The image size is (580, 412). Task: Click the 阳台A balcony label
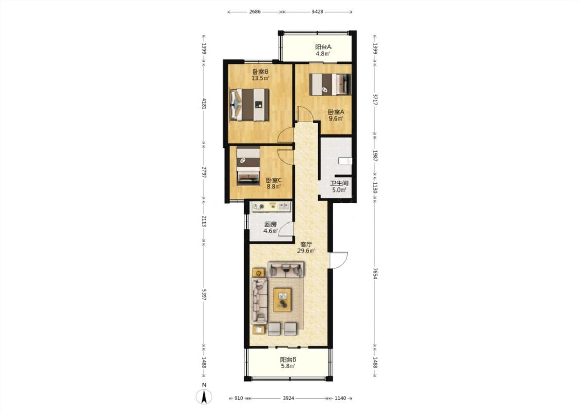pos(323,47)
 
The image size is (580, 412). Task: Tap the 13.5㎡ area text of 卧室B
pos(260,78)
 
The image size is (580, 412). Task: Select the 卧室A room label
pos(336,112)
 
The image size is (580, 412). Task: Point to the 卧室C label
pos(274,180)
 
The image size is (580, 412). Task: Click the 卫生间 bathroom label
pos(339,183)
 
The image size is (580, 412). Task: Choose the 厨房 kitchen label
pos(270,225)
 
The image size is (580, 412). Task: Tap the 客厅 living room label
pos(306,244)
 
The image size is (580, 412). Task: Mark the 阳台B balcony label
pos(288,359)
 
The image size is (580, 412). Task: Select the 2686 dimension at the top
pos(255,12)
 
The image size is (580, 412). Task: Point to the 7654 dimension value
pos(375,273)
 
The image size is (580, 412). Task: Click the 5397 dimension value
pos(204,295)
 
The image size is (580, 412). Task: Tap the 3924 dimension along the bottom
pos(289,398)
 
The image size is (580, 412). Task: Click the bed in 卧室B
pos(249,104)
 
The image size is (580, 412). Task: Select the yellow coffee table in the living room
pos(283,300)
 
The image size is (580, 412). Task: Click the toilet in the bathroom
pos(345,160)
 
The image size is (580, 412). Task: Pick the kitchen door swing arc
pos(286,229)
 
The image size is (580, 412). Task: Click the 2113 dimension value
pos(204,221)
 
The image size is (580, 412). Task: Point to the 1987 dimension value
pos(375,156)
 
